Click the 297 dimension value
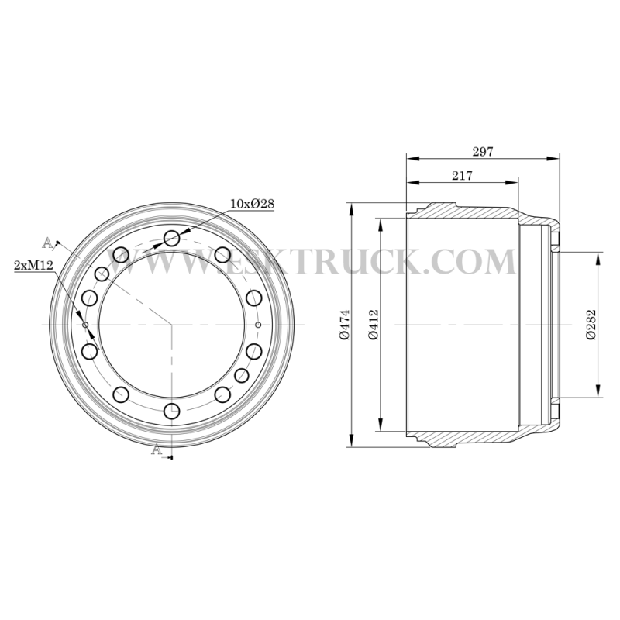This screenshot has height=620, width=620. tap(483, 151)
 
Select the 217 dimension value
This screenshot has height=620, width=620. tap(462, 176)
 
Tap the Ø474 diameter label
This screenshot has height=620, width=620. tap(345, 325)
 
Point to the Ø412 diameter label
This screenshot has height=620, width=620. tap(374, 325)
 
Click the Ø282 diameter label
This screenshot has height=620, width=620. tap(591, 325)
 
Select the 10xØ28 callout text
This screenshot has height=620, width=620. tap(253, 204)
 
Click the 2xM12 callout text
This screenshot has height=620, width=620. tap(33, 265)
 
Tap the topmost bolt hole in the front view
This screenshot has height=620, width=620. tap(172, 239)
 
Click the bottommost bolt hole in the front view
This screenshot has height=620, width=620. tap(172, 412)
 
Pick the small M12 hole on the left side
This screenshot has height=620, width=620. tap(85, 325)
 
